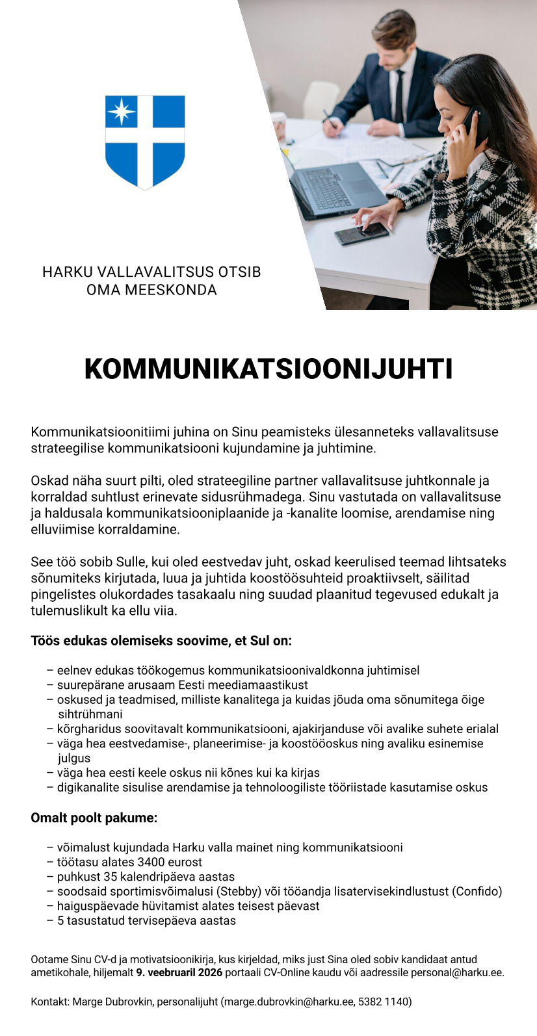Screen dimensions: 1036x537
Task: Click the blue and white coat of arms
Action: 145,142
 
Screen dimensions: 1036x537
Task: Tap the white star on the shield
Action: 121,111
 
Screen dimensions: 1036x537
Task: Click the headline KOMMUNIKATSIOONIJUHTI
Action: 268,369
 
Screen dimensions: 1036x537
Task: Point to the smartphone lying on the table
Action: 361,233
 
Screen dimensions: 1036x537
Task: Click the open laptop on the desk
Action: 335,188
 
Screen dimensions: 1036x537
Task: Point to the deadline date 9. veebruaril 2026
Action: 179,973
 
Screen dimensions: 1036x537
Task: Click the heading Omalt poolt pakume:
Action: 94,818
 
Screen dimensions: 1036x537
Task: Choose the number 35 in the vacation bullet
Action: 111,877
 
